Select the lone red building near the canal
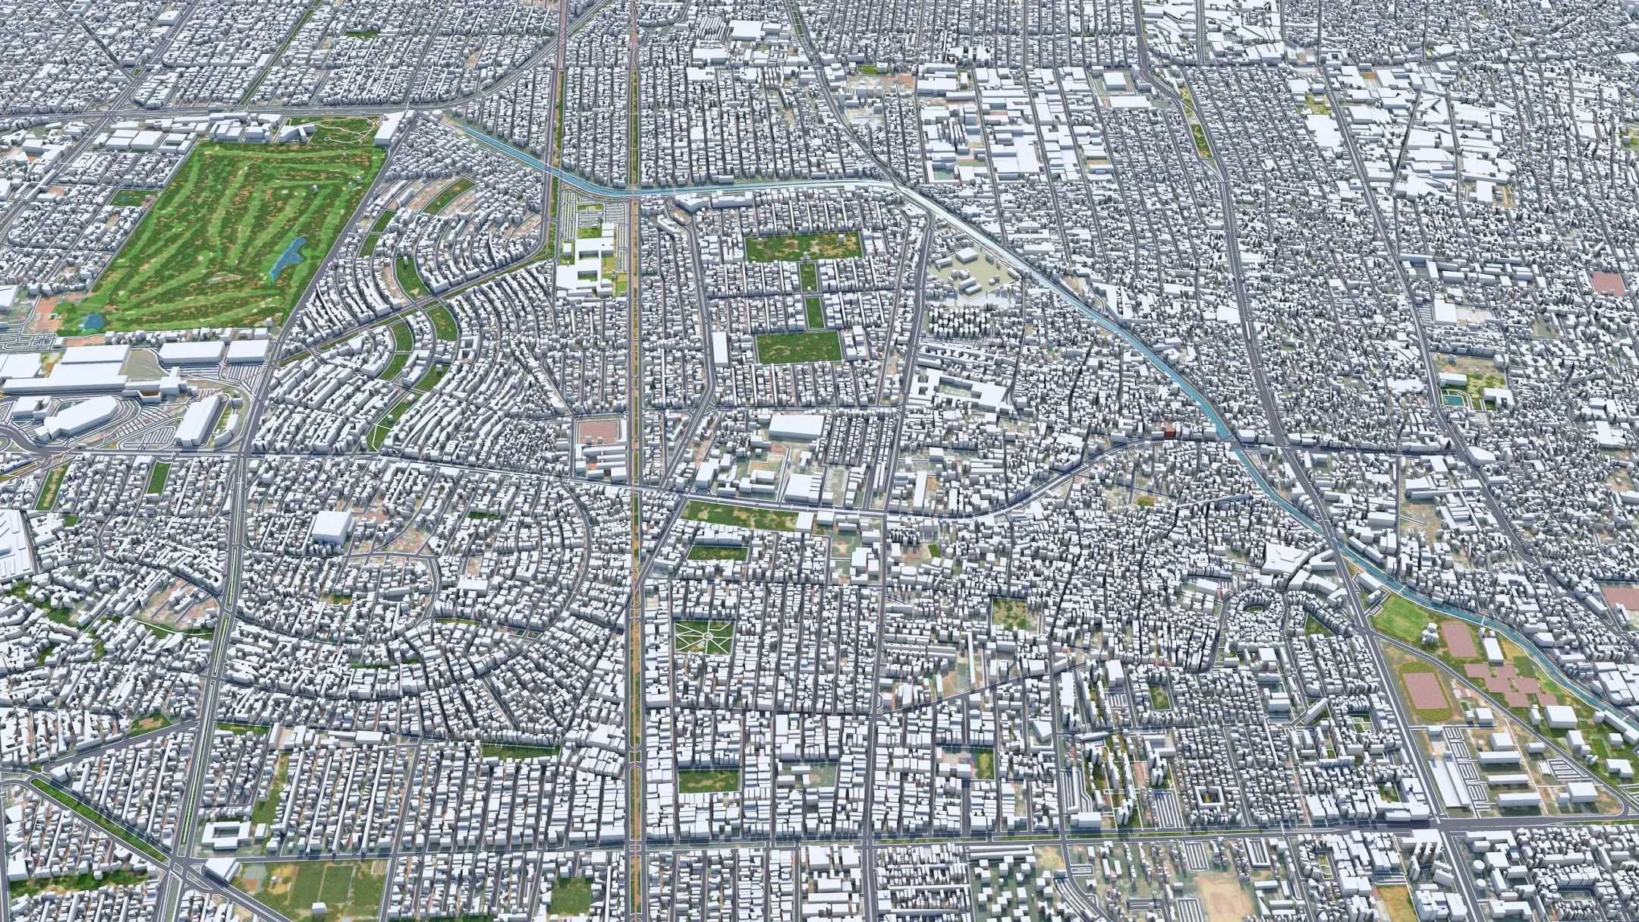click(x=1169, y=433)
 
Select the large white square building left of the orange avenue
click(x=332, y=525)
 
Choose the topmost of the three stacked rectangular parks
click(x=803, y=247)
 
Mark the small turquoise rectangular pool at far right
click(x=1451, y=398)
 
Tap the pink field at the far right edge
click(x=1607, y=283)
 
